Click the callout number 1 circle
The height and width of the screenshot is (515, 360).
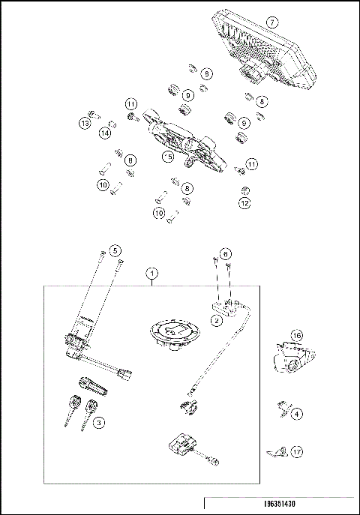click(x=153, y=274)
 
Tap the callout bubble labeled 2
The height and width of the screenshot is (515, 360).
click(x=217, y=322)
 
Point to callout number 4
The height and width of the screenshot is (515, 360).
click(x=298, y=413)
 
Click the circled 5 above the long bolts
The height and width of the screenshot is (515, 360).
click(x=115, y=250)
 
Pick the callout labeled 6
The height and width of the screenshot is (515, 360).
click(x=226, y=254)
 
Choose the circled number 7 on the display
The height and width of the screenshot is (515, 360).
click(x=272, y=23)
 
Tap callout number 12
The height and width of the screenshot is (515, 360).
click(x=245, y=202)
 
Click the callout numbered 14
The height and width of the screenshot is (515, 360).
click(x=105, y=133)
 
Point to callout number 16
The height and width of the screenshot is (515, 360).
click(x=297, y=335)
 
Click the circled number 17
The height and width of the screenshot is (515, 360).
click(x=298, y=452)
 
